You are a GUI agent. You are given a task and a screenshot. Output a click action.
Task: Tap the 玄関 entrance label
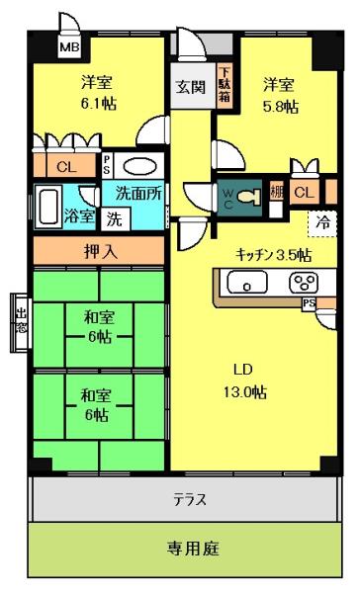click(x=191, y=86)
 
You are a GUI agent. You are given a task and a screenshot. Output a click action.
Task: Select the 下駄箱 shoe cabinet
click(x=225, y=85)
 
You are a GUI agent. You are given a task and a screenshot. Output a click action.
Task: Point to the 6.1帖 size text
click(x=97, y=102)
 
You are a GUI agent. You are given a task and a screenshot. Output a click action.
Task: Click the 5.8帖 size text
click(x=281, y=107)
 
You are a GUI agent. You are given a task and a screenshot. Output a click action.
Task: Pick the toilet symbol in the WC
click(x=249, y=195)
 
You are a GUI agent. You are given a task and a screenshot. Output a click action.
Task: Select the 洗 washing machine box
click(x=115, y=218)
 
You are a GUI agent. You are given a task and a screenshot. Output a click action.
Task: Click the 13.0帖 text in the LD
click(x=245, y=391)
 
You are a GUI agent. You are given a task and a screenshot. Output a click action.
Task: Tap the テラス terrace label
click(x=189, y=499)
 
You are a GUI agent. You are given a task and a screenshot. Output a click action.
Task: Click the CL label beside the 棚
click(x=307, y=194)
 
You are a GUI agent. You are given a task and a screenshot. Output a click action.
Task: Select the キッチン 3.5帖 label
click(x=273, y=254)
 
